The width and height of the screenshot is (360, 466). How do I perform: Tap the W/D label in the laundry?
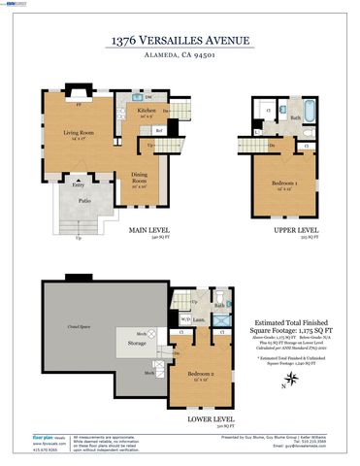coord(185,318)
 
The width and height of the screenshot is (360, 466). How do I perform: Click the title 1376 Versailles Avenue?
coord(180,40)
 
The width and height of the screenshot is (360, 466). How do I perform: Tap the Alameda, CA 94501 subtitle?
coord(180,55)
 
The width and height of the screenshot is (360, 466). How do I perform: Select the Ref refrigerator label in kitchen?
coord(159,130)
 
